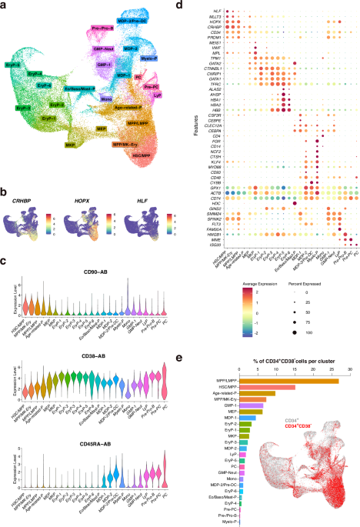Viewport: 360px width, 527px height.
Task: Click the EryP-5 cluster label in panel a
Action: (x=13, y=68)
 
